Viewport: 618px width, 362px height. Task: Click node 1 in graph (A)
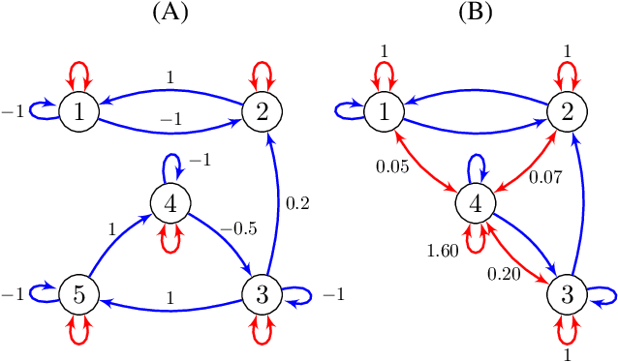tap(77, 111)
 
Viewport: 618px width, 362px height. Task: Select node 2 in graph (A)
tap(261, 111)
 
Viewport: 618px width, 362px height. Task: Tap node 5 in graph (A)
tap(77, 293)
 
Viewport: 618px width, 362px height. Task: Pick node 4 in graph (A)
tap(170, 202)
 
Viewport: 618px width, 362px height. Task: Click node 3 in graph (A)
tap(261, 293)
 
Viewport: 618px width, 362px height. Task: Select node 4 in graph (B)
tap(474, 202)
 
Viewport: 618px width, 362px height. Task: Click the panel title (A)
tap(170, 14)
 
